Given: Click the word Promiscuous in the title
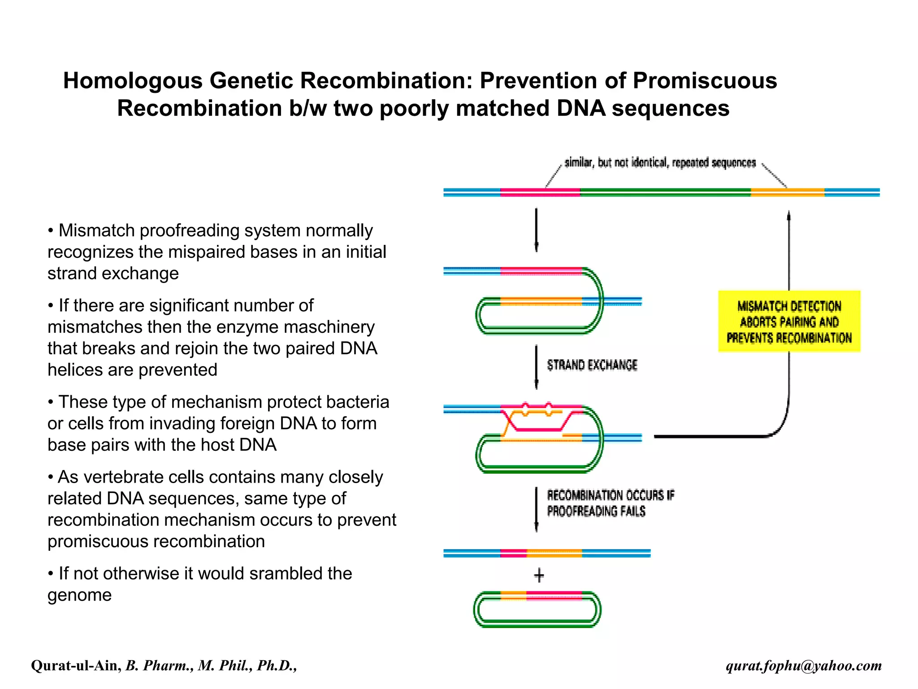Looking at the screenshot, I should click(705, 81).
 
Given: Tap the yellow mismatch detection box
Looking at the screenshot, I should click(789, 322).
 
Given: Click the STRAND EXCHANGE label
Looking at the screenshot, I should click(592, 365).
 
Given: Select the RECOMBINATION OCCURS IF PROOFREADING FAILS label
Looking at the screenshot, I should click(610, 503).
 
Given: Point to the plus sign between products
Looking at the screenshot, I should click(539, 576).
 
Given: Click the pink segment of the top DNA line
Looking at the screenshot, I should click(540, 192).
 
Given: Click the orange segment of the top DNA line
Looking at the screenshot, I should click(788, 192).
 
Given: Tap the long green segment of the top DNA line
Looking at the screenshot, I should click(665, 192).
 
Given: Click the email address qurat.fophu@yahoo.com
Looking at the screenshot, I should click(804, 665).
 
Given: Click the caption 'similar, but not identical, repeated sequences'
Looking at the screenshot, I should click(660, 162).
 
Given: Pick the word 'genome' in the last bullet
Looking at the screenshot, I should click(79, 595).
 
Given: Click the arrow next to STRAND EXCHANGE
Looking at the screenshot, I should click(536, 367).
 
